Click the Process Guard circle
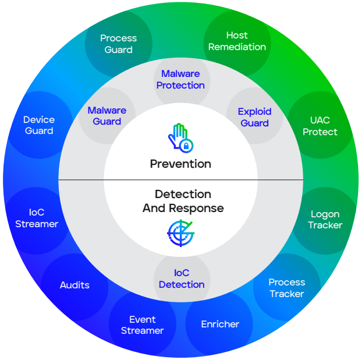(118, 44)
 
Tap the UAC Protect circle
(321, 125)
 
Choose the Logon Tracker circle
(325, 221)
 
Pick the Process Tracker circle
(287, 287)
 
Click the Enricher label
(220, 324)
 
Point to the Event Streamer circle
(143, 325)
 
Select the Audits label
(74, 285)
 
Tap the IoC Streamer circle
(36, 221)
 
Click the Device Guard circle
(39, 125)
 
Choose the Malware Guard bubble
(107, 115)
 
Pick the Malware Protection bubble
(182, 80)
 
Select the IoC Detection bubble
(182, 278)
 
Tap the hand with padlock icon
(180, 138)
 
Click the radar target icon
(181, 233)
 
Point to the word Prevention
(180, 164)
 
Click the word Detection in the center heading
(183, 194)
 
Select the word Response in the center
(197, 208)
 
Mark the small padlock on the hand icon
(186, 146)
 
